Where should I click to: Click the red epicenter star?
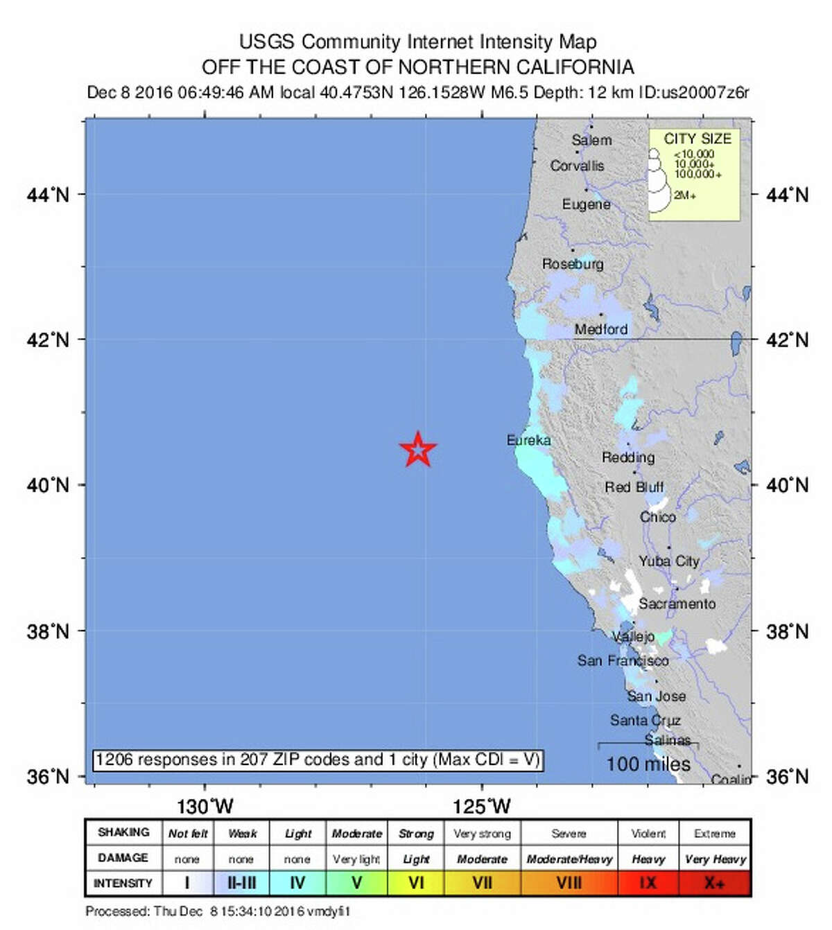coord(418,450)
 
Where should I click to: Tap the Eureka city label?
coord(528,440)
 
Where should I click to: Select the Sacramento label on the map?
coord(677,604)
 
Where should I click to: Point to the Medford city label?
coord(600,329)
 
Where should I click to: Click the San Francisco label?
coord(623,660)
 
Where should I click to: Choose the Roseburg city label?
coord(573,264)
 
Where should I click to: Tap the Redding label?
coord(628,457)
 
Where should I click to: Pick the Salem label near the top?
coord(591,140)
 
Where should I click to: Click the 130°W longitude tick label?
coord(205,807)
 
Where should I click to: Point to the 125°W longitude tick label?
coord(482,807)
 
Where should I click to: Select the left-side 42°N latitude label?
coord(48,340)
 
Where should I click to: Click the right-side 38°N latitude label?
coord(787,631)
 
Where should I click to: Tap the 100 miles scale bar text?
coord(648,764)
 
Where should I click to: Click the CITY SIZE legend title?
coord(697,139)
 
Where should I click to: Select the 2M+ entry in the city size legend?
coord(685,195)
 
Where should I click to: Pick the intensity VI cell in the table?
coord(416,884)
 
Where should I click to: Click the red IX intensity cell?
coord(648,884)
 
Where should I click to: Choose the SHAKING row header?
coord(123,832)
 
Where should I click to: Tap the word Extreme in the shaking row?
coord(715,834)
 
